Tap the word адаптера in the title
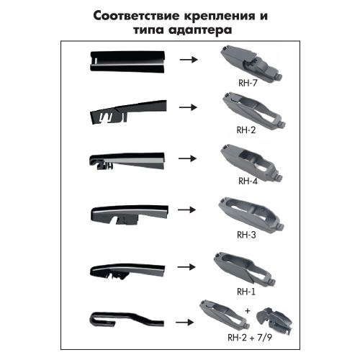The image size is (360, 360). pos(200,31)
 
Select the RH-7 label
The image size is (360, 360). pos(248,83)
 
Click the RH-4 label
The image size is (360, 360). pos(248,181)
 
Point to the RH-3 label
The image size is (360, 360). pos(246,235)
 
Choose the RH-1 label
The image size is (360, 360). pos(246,292)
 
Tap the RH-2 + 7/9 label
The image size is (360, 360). pos(250,338)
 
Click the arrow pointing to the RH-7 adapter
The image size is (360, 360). pos(189,59)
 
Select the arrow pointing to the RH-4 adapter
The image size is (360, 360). pos(187,158)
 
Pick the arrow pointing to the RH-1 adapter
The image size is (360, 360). pos(186,267)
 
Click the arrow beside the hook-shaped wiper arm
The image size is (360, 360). pos(184,323)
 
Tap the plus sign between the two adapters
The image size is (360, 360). pos(248,311)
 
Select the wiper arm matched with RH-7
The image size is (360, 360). pos(127,61)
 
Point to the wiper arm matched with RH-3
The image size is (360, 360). pos(130,214)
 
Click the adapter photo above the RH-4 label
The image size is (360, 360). pos(251,162)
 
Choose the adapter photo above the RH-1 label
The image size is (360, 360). pos(244,270)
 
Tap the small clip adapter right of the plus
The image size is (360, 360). pos(274,320)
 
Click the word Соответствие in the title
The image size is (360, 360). pos(137,17)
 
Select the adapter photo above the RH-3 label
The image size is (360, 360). pos(251,215)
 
